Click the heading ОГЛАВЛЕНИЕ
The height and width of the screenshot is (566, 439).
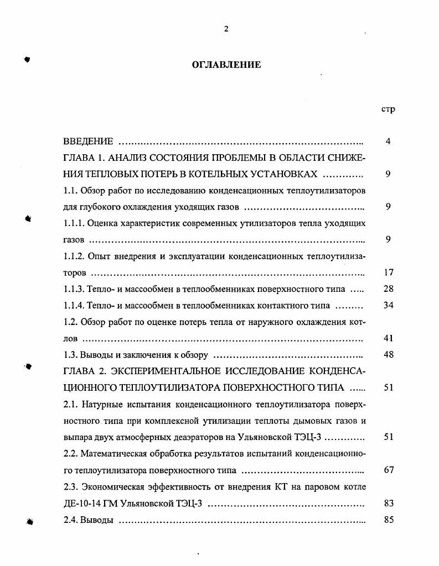pyautogui.click(x=226, y=65)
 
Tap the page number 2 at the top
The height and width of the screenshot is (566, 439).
pyautogui.click(x=226, y=29)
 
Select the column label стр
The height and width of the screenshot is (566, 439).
pyautogui.click(x=388, y=109)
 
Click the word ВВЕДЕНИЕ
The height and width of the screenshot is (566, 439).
pyautogui.click(x=89, y=141)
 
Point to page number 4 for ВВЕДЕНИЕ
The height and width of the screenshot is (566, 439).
pyautogui.click(x=388, y=141)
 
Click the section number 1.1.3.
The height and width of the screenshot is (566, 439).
pyautogui.click(x=75, y=289)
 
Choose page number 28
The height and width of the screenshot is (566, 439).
pyautogui.click(x=388, y=289)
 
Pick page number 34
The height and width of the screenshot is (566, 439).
pyautogui.click(x=388, y=305)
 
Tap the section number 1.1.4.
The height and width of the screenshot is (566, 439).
pyautogui.click(x=75, y=305)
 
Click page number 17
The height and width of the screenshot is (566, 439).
pyautogui.click(x=388, y=272)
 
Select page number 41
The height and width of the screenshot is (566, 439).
pyautogui.click(x=388, y=338)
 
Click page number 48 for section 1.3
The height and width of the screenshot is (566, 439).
pyautogui.click(x=388, y=355)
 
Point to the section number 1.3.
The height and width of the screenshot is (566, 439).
pyautogui.click(x=70, y=355)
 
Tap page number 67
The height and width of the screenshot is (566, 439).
pyautogui.click(x=388, y=470)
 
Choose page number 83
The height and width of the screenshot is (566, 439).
pyautogui.click(x=388, y=504)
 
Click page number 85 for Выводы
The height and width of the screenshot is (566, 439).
pyautogui.click(x=388, y=520)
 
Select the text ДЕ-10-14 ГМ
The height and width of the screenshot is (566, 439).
pyautogui.click(x=89, y=504)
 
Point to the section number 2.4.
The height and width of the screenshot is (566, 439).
pyautogui.click(x=70, y=520)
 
